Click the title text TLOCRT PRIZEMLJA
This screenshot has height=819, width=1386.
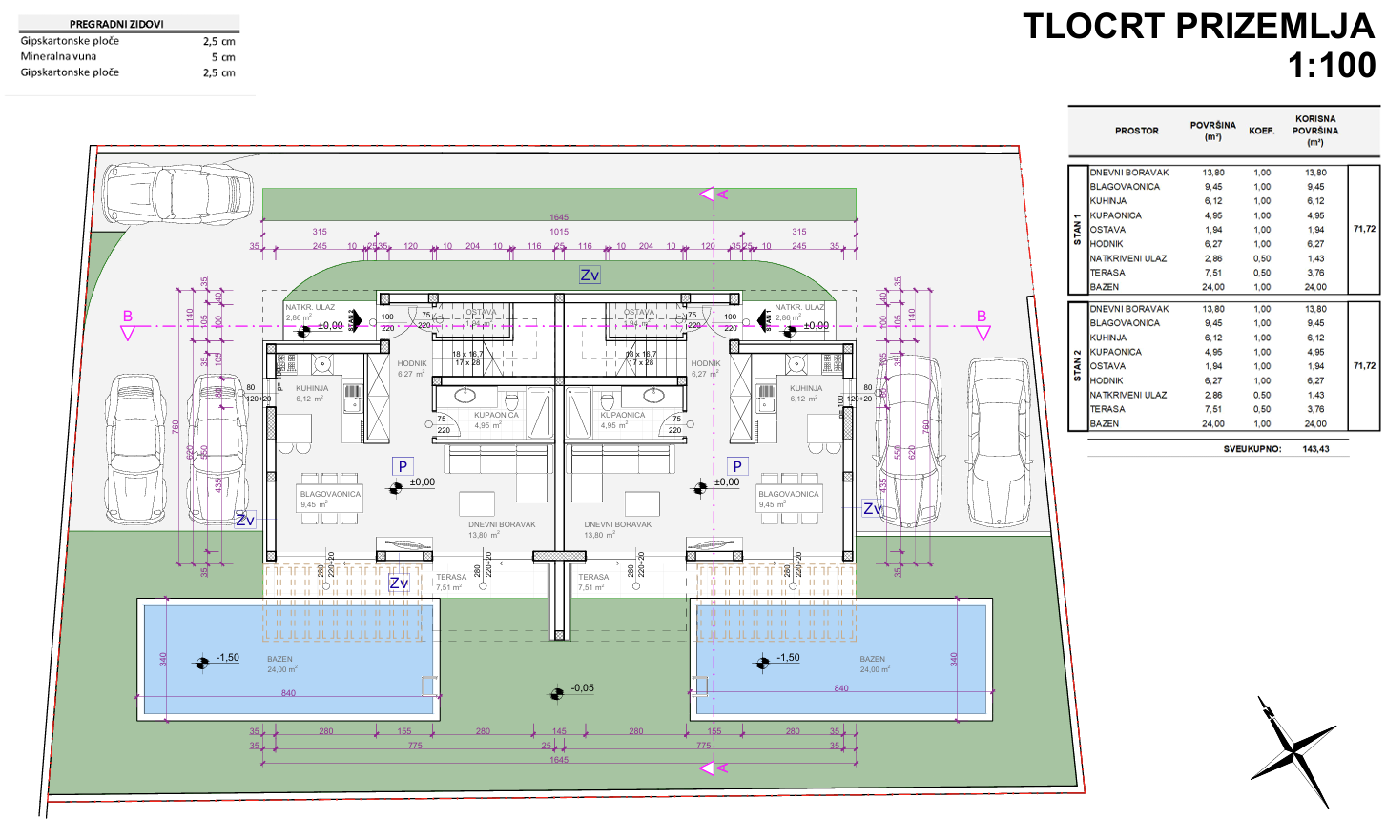(1198, 26)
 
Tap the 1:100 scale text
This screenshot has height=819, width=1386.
(1332, 66)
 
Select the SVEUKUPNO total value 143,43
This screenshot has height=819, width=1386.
(1315, 448)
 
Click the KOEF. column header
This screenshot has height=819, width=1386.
(1262, 131)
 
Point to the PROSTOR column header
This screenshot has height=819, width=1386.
(1137, 131)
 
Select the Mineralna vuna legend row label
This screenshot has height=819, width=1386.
(58, 57)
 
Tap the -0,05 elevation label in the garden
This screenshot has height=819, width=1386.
(582, 688)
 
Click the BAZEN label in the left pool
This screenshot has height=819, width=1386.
(280, 659)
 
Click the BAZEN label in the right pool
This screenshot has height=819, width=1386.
(872, 659)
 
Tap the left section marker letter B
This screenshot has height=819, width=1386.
(128, 317)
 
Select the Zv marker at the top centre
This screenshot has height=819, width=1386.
(590, 276)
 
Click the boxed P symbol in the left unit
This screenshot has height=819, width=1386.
(403, 466)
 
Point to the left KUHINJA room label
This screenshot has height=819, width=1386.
(312, 389)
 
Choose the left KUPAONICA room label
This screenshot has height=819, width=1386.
(496, 415)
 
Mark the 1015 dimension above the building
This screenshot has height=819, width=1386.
(559, 232)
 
